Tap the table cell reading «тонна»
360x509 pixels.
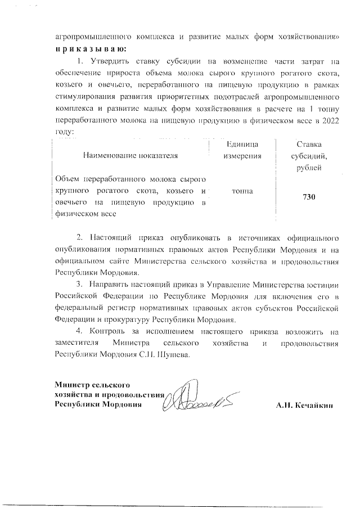click(x=241, y=191)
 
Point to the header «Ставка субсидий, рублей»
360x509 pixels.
click(x=308, y=156)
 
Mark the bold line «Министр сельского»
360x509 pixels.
click(x=92, y=385)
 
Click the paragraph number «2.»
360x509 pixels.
click(x=80, y=235)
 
